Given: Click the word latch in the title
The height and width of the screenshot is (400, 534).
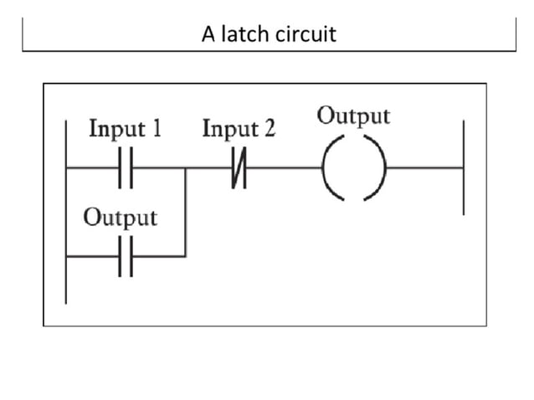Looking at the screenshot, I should (x=243, y=34).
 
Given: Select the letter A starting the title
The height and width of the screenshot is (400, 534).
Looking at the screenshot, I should (x=208, y=34).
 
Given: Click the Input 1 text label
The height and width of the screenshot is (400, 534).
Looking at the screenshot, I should (x=125, y=130).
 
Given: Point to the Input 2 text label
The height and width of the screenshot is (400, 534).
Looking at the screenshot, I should (x=239, y=130).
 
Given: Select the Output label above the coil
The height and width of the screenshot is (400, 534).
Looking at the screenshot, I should (x=352, y=115).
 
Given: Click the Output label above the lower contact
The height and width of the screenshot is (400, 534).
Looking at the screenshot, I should (x=120, y=218).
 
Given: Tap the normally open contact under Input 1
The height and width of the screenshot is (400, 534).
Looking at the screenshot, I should (x=126, y=167).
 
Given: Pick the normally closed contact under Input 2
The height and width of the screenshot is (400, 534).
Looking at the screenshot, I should (x=239, y=167).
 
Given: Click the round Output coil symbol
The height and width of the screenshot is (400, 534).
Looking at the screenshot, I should (x=352, y=167).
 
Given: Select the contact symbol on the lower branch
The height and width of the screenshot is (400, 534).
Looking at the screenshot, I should (x=126, y=256).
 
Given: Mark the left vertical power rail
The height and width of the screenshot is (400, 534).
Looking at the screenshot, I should (x=66, y=209).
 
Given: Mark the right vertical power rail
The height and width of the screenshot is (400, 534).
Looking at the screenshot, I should (x=463, y=167).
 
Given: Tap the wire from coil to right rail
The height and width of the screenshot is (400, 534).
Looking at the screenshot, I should (x=423, y=167).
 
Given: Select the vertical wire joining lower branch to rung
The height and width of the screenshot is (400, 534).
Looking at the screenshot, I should (x=185, y=213).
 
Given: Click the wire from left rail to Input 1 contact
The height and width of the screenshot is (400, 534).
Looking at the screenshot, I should (x=92, y=167).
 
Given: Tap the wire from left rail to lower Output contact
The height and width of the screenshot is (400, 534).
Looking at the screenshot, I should (x=92, y=256).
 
